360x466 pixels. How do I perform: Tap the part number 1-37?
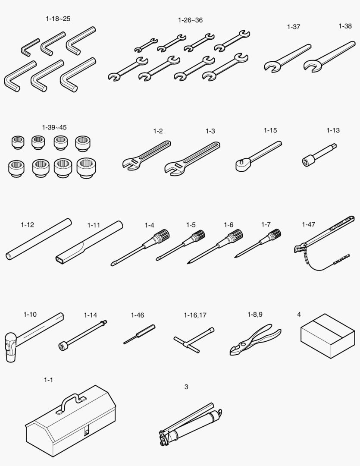point(294,27)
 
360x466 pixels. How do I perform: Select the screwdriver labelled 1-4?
point(140,248)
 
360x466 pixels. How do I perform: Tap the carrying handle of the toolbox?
point(71,399)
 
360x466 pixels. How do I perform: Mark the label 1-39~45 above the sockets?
point(54,127)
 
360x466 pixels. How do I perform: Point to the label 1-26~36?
point(190,20)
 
